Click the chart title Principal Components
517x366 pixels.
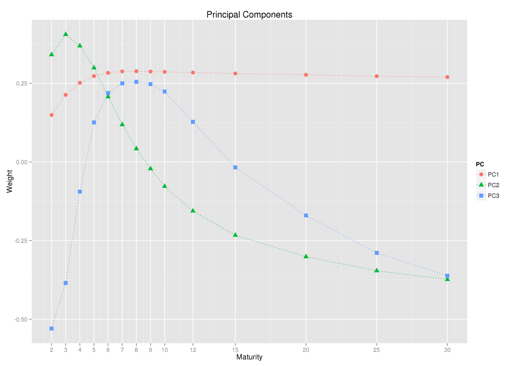[249, 15]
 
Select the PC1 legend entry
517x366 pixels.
[490, 174]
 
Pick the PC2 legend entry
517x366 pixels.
[490, 185]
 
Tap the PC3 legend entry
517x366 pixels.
[490, 196]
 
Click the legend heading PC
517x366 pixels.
[480, 164]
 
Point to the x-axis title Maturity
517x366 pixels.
[249, 357]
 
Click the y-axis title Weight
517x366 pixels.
[9, 182]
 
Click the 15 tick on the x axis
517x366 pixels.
[235, 349]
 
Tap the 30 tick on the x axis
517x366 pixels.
[447, 349]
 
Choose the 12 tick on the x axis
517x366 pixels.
[193, 349]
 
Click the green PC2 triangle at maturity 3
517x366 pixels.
[66, 34]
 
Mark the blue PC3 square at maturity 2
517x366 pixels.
[51, 329]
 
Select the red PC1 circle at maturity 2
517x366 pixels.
[51, 115]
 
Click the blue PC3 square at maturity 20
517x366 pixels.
[306, 215]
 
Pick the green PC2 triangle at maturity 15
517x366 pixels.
[235, 235]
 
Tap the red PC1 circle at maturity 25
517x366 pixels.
[377, 76]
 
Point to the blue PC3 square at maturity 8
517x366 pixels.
[136, 82]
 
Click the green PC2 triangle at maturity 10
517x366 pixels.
[165, 186]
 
